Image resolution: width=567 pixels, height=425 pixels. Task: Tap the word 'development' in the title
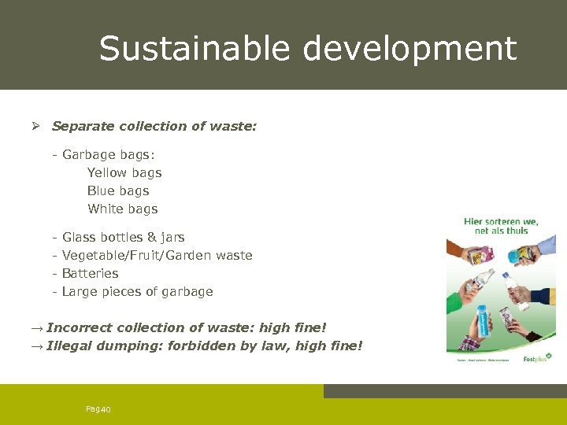pos(409,49)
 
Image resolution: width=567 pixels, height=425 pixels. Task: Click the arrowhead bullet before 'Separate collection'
pos(35,126)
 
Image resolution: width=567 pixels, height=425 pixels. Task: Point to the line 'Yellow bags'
pos(124,172)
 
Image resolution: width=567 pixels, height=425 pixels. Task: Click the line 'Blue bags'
pos(118,190)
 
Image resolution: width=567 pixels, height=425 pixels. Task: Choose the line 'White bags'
pos(123,209)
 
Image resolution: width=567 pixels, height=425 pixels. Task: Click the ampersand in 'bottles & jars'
pos(152,237)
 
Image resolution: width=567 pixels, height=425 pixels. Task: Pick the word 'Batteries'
pos(91,273)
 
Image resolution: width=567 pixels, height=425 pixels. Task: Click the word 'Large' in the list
pos(80,291)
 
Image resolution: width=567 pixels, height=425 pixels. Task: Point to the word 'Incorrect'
pos(80,327)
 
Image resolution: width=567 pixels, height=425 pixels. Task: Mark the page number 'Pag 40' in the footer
pos(98,408)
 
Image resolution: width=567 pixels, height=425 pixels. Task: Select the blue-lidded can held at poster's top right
pos(517,256)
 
